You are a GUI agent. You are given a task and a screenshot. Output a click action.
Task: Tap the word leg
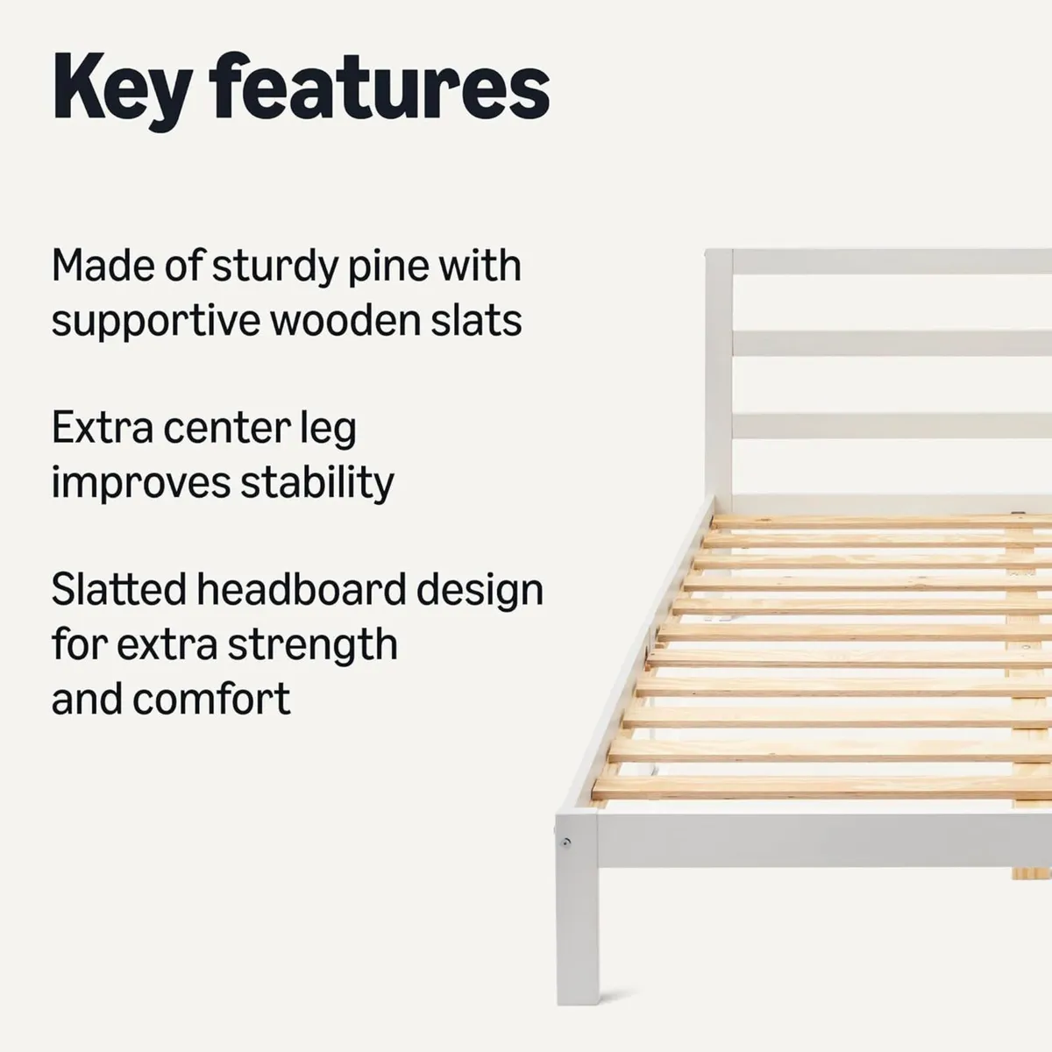click(329, 430)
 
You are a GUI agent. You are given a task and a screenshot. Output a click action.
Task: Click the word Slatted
click(117, 589)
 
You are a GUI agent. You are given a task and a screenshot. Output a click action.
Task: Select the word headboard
click(301, 589)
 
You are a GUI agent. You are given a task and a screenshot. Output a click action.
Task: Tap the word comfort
click(211, 699)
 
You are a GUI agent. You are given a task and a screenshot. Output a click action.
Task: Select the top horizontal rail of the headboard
click(885, 262)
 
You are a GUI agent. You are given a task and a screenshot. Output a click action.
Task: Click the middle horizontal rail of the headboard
click(885, 344)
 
